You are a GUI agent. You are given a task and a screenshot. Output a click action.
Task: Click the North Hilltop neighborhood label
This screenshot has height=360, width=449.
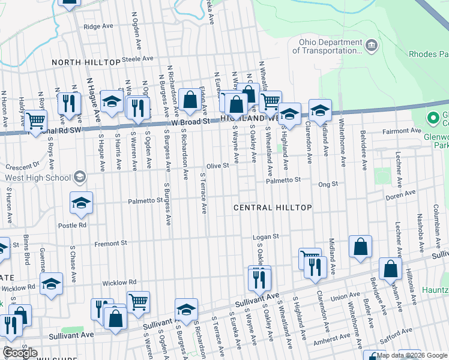(86, 63)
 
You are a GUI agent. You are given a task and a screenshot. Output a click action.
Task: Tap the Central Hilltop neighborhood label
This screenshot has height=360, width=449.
(273, 208)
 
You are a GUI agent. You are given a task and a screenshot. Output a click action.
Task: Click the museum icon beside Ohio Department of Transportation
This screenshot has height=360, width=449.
(372, 45)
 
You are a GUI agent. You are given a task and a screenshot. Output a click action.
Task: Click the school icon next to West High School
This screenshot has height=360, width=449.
(79, 177)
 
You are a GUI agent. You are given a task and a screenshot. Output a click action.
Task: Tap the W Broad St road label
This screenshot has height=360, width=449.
(192, 121)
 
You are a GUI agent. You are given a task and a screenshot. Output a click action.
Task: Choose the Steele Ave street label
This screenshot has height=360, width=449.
(138, 59)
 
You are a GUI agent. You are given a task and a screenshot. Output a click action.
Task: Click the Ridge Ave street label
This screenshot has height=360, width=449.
(98, 26)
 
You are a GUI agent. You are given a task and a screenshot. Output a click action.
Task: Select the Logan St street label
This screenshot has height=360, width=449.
(266, 237)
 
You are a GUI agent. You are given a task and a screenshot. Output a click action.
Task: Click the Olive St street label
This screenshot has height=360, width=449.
(218, 166)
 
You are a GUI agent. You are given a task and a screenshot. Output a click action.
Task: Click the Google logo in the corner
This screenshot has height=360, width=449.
(20, 353)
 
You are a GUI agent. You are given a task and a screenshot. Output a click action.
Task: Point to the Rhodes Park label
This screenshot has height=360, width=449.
(429, 54)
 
